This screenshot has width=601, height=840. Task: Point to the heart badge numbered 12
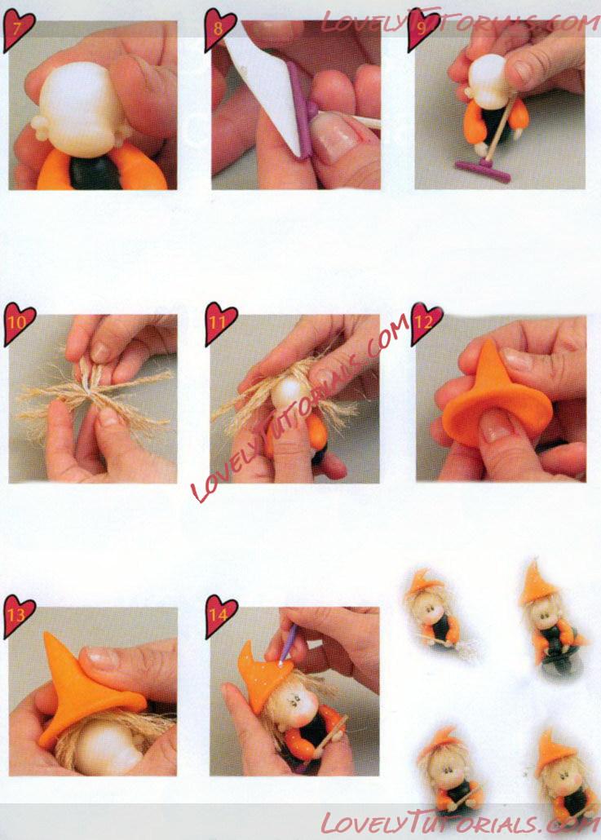coord(426,323)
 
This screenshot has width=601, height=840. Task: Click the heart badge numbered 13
coord(19,616)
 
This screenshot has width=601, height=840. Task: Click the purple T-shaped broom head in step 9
coord(483,170)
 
